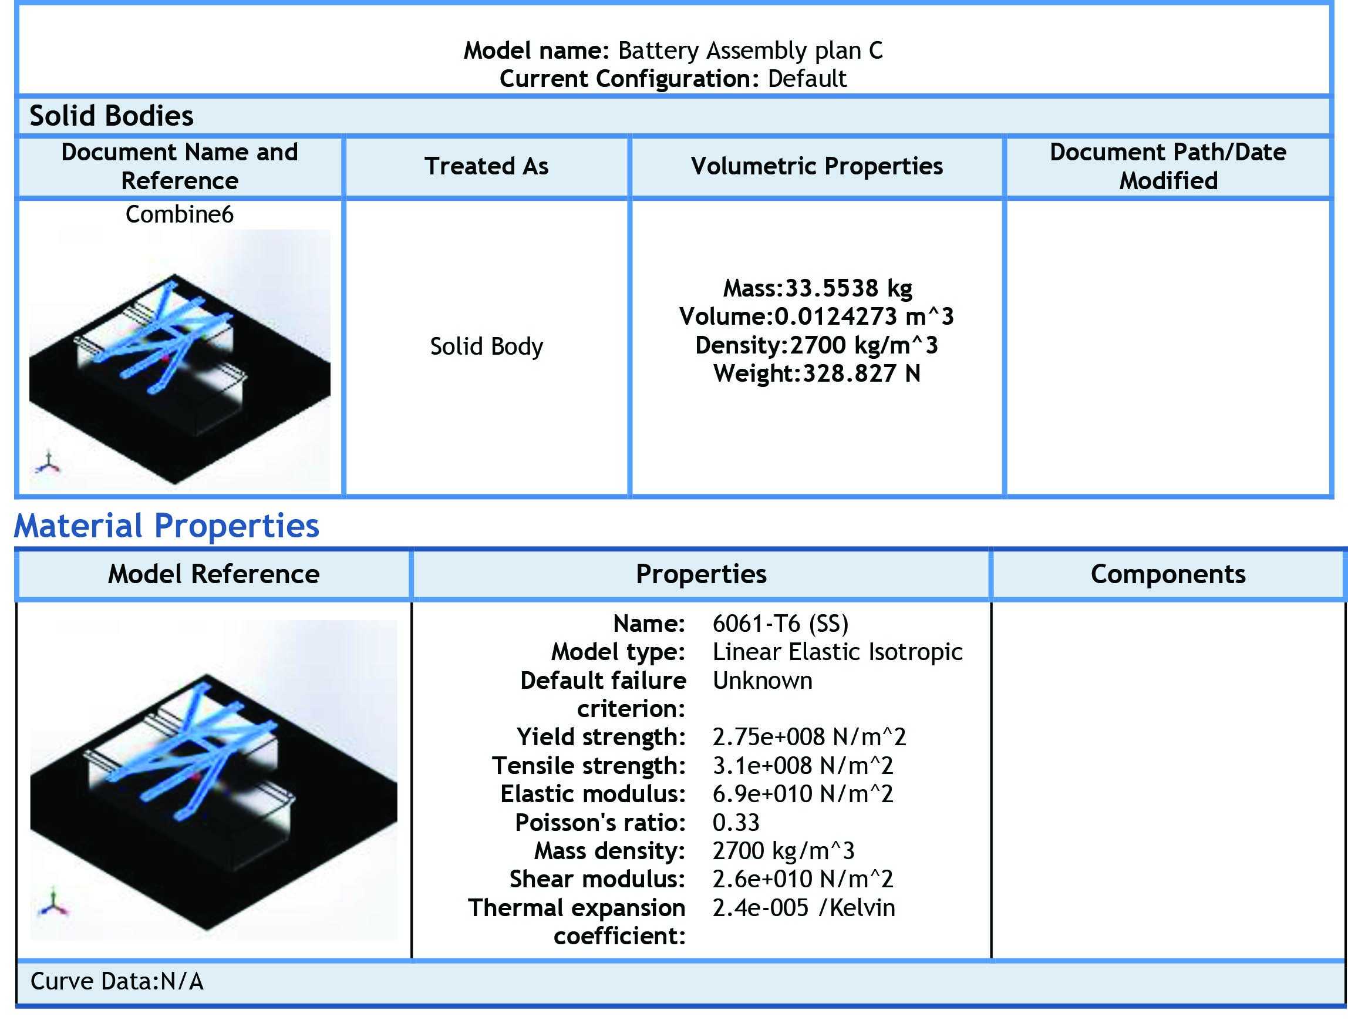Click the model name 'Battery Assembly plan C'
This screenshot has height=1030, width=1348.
[750, 51]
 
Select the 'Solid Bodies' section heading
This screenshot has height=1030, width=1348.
[112, 116]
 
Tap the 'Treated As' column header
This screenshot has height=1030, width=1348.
[487, 166]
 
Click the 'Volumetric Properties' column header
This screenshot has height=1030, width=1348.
[817, 166]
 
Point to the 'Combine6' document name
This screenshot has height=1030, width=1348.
[180, 214]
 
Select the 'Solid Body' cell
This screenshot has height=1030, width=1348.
[487, 346]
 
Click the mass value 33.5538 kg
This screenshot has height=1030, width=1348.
[849, 288]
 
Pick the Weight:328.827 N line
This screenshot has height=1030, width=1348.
[817, 373]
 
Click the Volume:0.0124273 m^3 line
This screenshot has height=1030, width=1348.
[817, 317]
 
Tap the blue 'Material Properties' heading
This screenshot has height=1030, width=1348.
[167, 526]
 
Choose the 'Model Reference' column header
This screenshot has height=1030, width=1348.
[214, 574]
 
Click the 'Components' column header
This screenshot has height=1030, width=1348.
[1168, 574]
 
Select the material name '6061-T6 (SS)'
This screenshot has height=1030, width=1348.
[780, 624]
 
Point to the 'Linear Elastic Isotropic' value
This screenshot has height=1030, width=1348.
[837, 652]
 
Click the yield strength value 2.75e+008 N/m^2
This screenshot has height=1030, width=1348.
[809, 737]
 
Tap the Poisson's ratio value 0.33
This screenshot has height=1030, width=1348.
[736, 822]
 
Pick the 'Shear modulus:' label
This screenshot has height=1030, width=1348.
[597, 879]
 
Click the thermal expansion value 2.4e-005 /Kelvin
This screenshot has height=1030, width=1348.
[804, 908]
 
